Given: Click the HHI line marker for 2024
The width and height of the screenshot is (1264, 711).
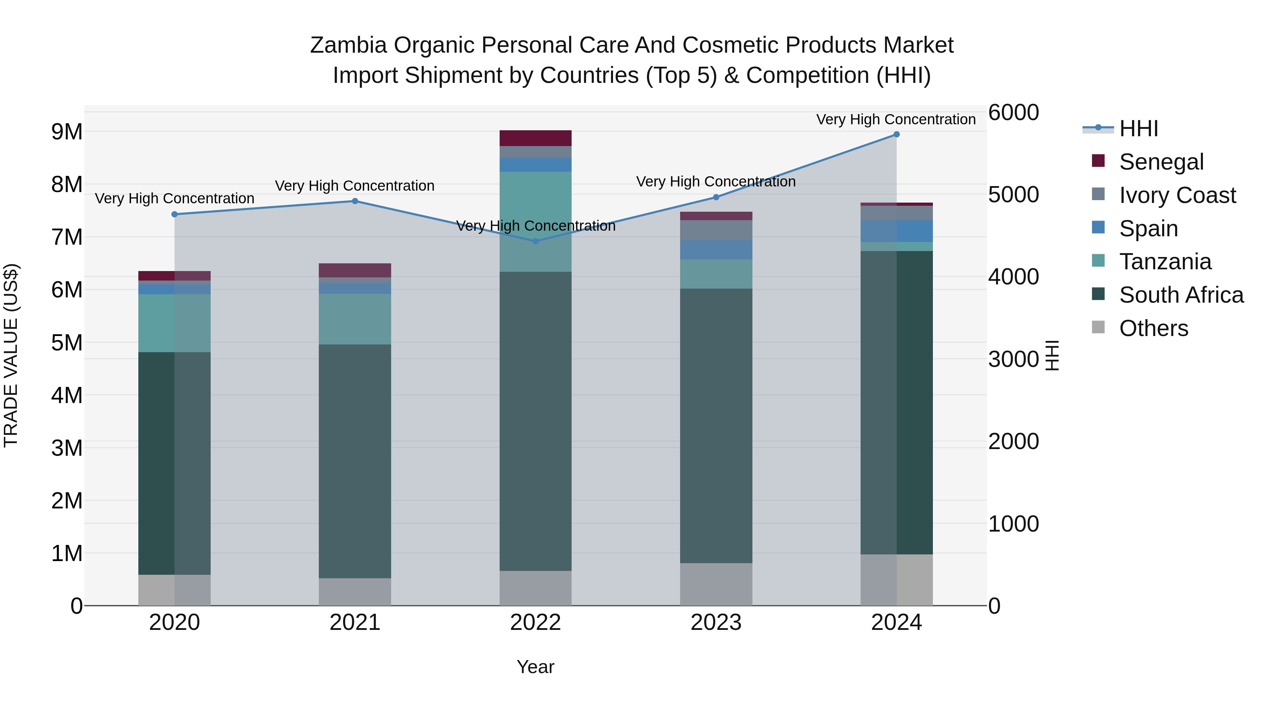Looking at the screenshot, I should (x=896, y=134).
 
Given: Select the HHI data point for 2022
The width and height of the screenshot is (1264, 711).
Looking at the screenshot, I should (x=535, y=241).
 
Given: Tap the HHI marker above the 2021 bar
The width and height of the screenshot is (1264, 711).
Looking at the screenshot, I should (x=355, y=201).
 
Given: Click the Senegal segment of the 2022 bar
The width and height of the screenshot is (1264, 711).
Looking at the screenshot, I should (x=535, y=138).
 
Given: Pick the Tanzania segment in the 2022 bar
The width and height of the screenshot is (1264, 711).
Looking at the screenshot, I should (x=535, y=221).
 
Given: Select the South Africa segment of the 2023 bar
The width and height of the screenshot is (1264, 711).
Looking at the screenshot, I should (x=716, y=426).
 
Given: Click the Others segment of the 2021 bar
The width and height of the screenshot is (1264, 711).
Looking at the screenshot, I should (x=355, y=592).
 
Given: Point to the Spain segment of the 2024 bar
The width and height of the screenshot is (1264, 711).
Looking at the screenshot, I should (x=896, y=231).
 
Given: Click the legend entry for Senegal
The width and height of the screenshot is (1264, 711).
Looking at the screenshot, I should (x=1161, y=162).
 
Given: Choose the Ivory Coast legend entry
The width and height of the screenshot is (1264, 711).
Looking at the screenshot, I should (x=1177, y=195).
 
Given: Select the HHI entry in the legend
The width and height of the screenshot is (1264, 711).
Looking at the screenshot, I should (x=1138, y=129).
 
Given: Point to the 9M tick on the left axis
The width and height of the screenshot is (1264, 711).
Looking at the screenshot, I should (x=67, y=132).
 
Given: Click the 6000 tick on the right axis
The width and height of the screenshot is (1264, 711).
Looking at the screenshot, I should (x=1013, y=112).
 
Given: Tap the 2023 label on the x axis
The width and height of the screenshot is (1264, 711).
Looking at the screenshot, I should (x=716, y=623).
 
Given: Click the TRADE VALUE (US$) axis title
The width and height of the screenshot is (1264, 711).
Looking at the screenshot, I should (x=11, y=355).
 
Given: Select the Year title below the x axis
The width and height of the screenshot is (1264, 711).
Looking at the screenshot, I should (x=535, y=667).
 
